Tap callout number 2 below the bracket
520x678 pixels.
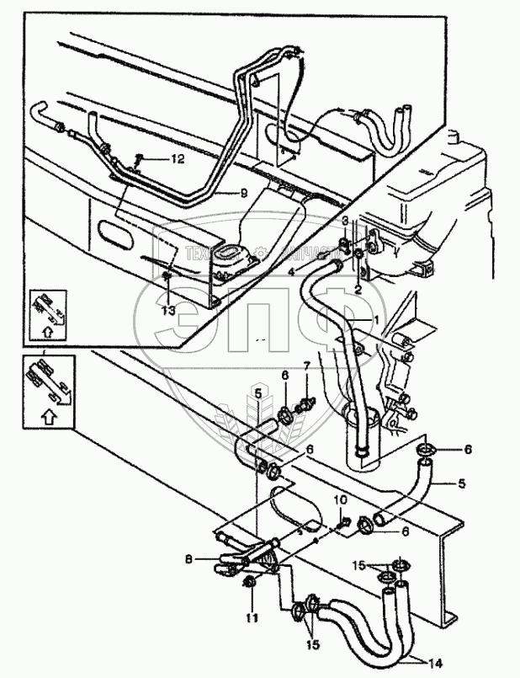[358, 289]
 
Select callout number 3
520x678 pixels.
[344, 222]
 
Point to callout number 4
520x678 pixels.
[291, 271]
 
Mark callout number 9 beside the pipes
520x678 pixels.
[243, 192]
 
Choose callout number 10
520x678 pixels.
[341, 499]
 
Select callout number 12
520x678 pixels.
[178, 158]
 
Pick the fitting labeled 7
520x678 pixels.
[307, 397]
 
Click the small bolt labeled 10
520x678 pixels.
[342, 525]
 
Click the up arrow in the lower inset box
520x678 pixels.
[48, 415]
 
